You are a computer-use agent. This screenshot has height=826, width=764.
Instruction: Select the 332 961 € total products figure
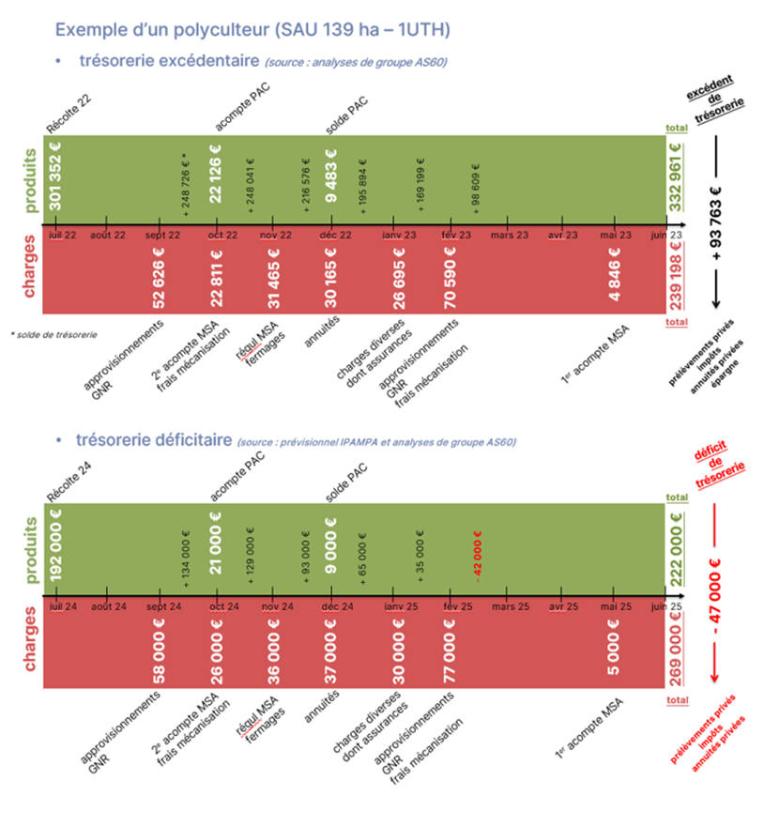(676, 178)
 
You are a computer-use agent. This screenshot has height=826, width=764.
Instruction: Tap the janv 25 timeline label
(398, 607)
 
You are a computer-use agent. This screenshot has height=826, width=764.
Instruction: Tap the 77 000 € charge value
(451, 648)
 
